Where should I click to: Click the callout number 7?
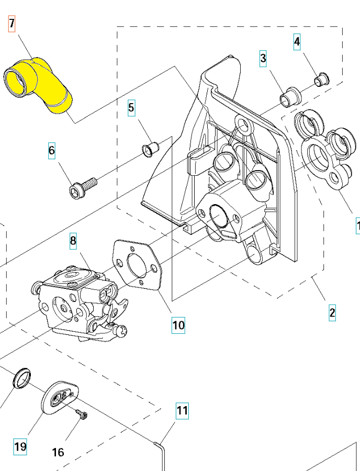[12, 24]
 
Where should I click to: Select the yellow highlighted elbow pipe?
[39, 84]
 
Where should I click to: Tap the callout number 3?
[263, 58]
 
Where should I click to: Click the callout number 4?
[297, 42]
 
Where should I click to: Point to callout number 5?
[131, 108]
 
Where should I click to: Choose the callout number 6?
[51, 151]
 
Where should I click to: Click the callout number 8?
[73, 241]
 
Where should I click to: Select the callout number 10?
[178, 325]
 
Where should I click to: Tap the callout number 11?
[182, 410]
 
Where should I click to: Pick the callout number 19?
[20, 447]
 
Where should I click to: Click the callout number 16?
[58, 451]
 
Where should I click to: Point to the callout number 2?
[332, 313]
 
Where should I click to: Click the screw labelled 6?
[83, 187]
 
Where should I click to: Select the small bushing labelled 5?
[151, 148]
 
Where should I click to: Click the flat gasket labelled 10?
[138, 266]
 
